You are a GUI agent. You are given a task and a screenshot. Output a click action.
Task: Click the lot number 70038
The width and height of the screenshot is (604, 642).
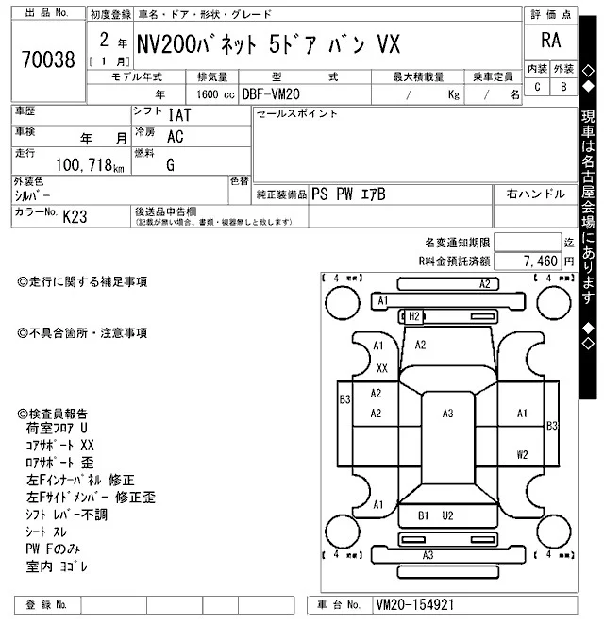click(47, 60)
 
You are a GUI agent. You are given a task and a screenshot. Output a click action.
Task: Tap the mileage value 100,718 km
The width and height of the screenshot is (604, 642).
click(84, 166)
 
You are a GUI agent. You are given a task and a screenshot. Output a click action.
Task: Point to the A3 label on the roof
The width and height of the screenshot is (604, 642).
click(447, 413)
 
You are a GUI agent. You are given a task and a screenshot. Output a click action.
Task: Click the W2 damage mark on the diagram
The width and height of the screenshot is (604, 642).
click(522, 454)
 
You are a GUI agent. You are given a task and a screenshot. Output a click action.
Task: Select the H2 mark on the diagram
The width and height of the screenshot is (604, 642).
click(413, 316)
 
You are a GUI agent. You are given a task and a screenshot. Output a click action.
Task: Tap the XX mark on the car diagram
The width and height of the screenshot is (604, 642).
click(382, 368)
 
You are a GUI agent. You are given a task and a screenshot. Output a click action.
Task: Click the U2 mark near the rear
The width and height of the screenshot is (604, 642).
click(447, 515)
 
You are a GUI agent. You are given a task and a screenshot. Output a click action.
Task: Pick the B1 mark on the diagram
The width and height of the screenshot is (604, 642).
click(424, 515)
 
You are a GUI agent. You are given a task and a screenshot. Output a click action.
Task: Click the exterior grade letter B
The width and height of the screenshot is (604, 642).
click(563, 87)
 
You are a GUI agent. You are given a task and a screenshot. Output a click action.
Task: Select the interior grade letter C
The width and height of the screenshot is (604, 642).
click(537, 87)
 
